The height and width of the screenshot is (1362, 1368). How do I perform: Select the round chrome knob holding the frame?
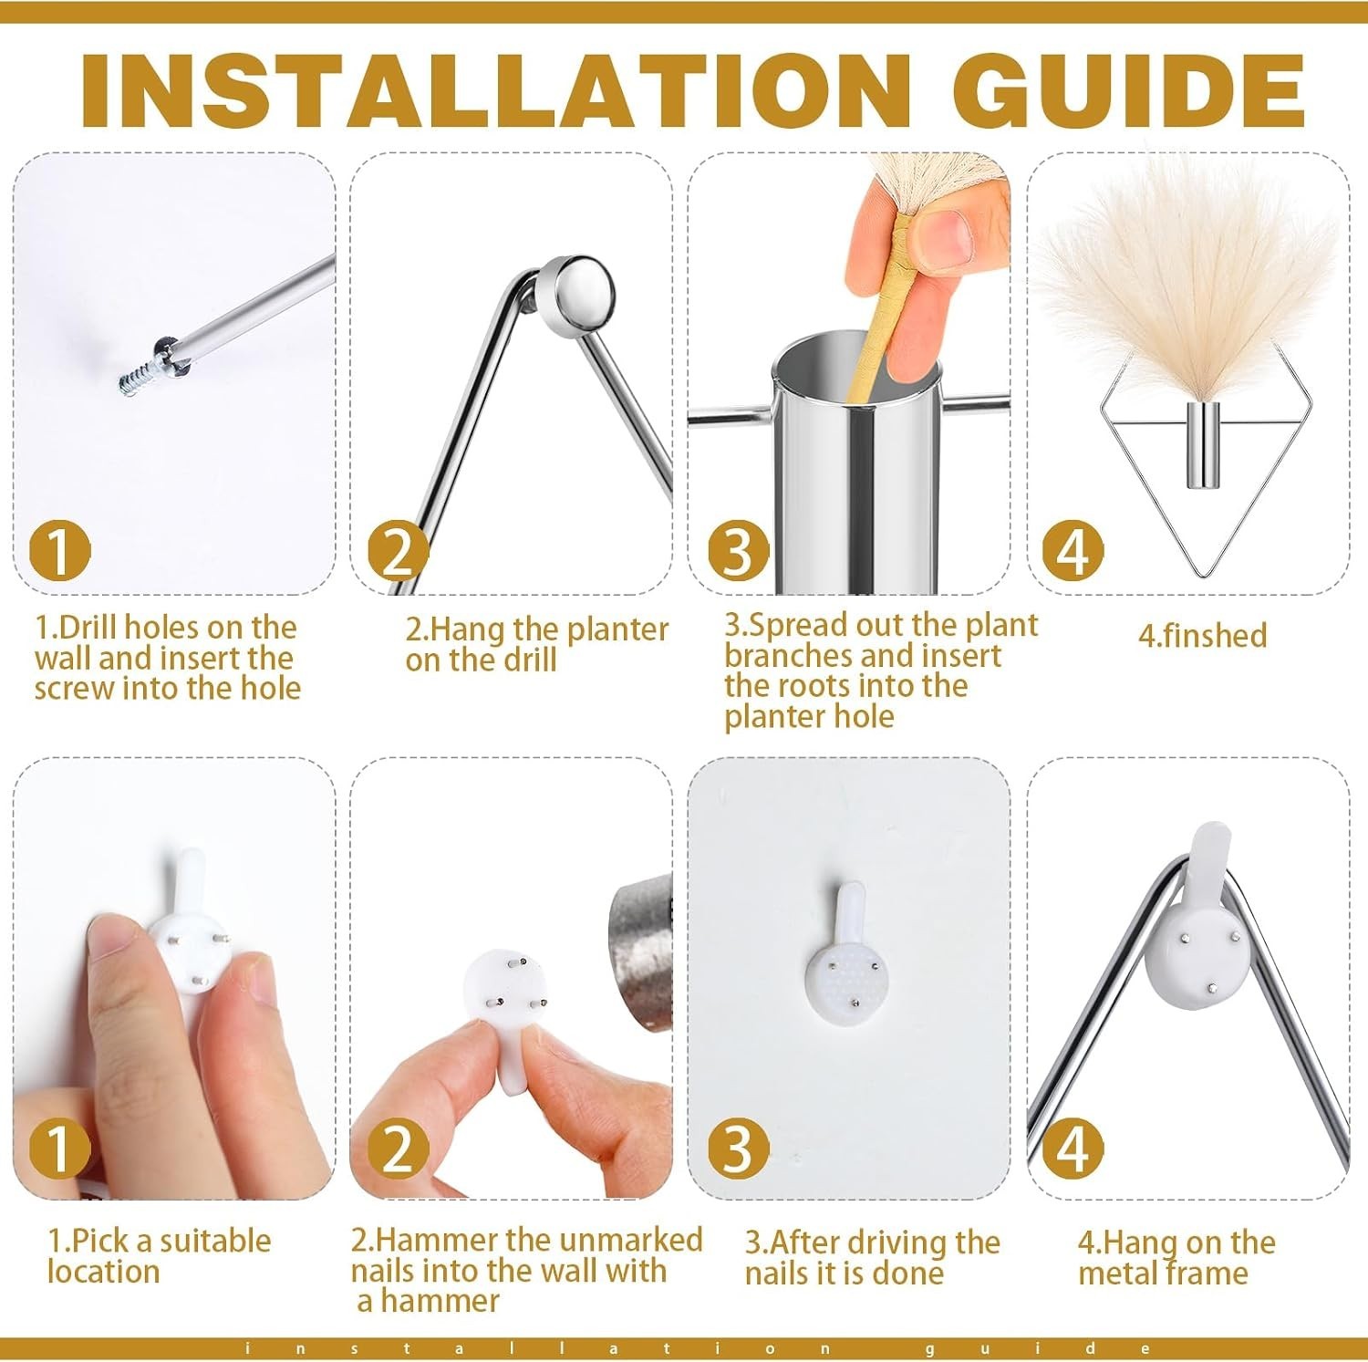pyautogui.click(x=575, y=293)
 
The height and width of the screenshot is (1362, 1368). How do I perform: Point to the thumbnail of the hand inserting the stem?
pyautogui.click(x=849, y=373)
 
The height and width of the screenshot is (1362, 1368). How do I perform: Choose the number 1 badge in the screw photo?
pyautogui.click(x=60, y=551)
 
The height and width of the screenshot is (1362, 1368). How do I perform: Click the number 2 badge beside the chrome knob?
pyautogui.click(x=399, y=551)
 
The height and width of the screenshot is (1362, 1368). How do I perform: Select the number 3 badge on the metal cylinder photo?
pyautogui.click(x=738, y=551)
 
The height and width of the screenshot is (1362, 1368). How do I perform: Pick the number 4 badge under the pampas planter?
pyautogui.click(x=1073, y=551)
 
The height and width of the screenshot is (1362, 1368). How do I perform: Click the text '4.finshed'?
pyautogui.click(x=1202, y=635)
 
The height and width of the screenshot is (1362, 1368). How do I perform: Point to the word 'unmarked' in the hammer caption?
pyautogui.click(x=630, y=1240)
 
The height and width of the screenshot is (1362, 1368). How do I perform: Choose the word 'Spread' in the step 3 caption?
pyautogui.click(x=792, y=626)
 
